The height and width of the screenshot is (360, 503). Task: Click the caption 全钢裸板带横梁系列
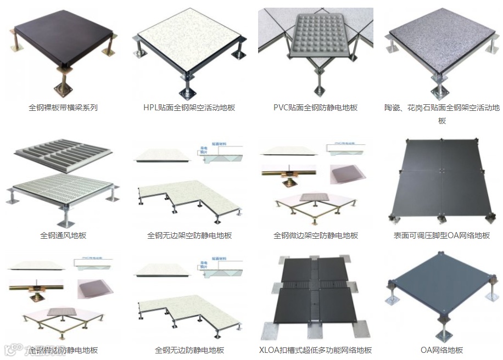tap(63, 108)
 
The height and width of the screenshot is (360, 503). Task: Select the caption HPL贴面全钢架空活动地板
tap(189, 108)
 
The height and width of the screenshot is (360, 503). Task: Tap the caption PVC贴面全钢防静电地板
tap(315, 108)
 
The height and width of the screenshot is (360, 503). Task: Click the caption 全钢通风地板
tap(63, 235)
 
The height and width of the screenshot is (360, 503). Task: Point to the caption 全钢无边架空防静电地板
tap(189, 235)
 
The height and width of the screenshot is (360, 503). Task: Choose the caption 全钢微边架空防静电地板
tap(315, 235)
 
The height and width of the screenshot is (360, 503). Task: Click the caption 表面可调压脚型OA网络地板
tap(441, 235)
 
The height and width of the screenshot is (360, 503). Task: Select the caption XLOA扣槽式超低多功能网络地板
tap(315, 350)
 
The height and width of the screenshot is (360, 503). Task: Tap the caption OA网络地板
tap(441, 350)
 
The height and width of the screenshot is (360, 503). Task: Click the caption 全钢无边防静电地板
tap(189, 350)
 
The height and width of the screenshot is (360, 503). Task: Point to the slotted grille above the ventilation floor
tap(60, 154)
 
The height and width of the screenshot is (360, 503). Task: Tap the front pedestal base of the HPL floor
tap(186, 92)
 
